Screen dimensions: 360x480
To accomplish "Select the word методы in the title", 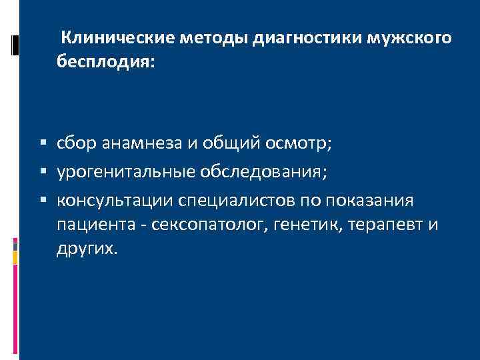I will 214,39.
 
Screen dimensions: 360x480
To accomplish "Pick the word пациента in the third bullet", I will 95,225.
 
